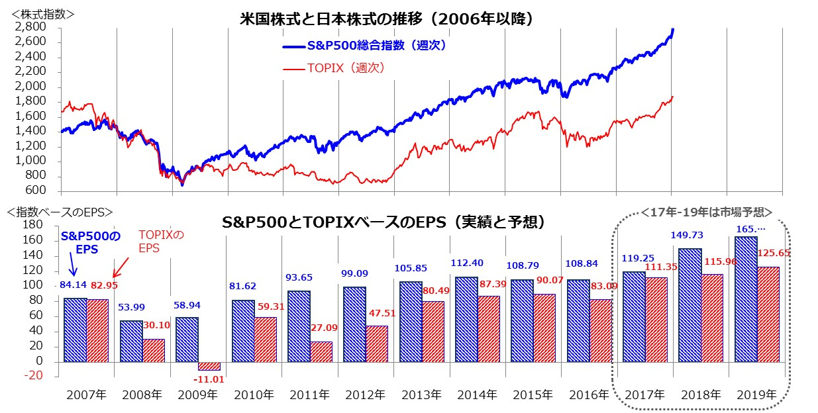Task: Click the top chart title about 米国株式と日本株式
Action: point(386,19)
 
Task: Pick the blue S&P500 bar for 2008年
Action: point(130,341)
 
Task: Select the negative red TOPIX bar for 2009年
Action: point(209,366)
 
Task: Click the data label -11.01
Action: point(209,379)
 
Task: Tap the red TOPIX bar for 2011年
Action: point(321,351)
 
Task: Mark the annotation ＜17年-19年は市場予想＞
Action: point(706,212)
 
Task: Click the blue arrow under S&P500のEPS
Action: point(72,266)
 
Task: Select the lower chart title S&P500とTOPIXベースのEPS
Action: point(383,222)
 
